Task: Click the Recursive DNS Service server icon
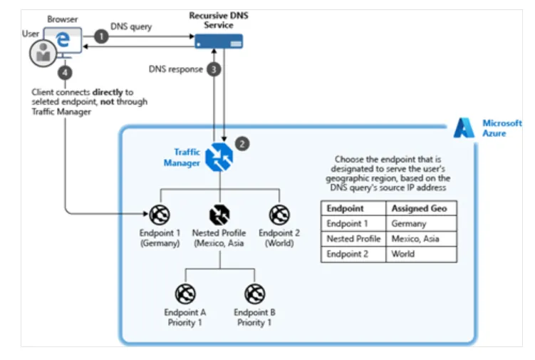pos(219,42)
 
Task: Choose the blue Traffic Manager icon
pos(219,158)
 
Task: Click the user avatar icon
pos(43,52)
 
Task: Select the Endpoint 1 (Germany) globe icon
pos(160,214)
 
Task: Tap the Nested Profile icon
pos(219,214)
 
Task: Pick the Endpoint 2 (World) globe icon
pos(279,214)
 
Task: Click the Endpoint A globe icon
pos(185,292)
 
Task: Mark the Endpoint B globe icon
pos(254,292)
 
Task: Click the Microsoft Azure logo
pos(464,128)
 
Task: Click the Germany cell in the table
pos(409,224)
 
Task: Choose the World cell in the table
pos(403,254)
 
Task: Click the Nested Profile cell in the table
pos(353,239)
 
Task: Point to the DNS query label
pos(131,26)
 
